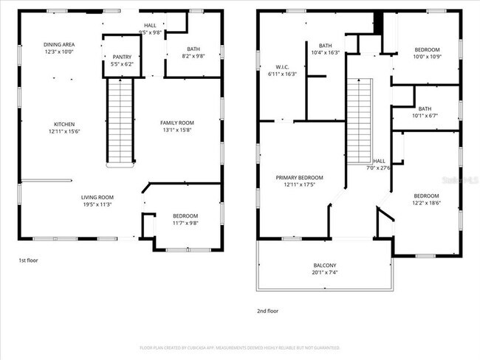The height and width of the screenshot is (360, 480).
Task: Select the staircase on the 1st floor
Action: pos(120,122)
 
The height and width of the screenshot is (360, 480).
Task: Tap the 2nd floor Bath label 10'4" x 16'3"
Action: pos(325,49)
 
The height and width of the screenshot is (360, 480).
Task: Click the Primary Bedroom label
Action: pos(300,181)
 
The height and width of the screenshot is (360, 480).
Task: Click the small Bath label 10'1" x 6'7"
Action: pos(425,111)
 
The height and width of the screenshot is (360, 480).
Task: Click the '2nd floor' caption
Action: pos(267,311)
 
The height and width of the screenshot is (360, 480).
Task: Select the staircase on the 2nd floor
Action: pos(359,122)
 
